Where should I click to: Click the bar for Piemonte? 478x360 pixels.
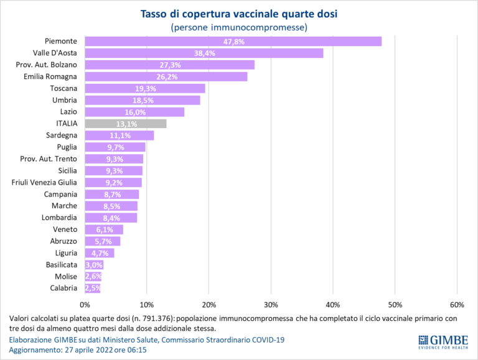pos(233,41)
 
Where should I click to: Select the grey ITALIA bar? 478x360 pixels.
pos(125,124)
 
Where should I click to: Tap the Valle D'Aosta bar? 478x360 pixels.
pos(204,53)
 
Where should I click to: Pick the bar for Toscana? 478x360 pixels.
pos(144,88)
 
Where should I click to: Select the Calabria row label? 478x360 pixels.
pos(63,288)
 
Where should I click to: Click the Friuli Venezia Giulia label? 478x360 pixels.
pos(44,182)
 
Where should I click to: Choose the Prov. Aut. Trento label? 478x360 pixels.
pos(49,159)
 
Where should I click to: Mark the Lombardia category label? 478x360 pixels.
pos(59,218)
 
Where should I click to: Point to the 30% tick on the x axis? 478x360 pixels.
pos(271,305)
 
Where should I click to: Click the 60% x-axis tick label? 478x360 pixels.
pos(457,305)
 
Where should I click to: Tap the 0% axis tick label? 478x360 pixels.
pos(85,305)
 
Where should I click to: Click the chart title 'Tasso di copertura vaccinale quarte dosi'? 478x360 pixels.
pos(239,14)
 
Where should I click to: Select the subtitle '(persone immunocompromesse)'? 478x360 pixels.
pos(239,27)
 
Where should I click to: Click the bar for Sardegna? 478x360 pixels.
pos(118,136)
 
